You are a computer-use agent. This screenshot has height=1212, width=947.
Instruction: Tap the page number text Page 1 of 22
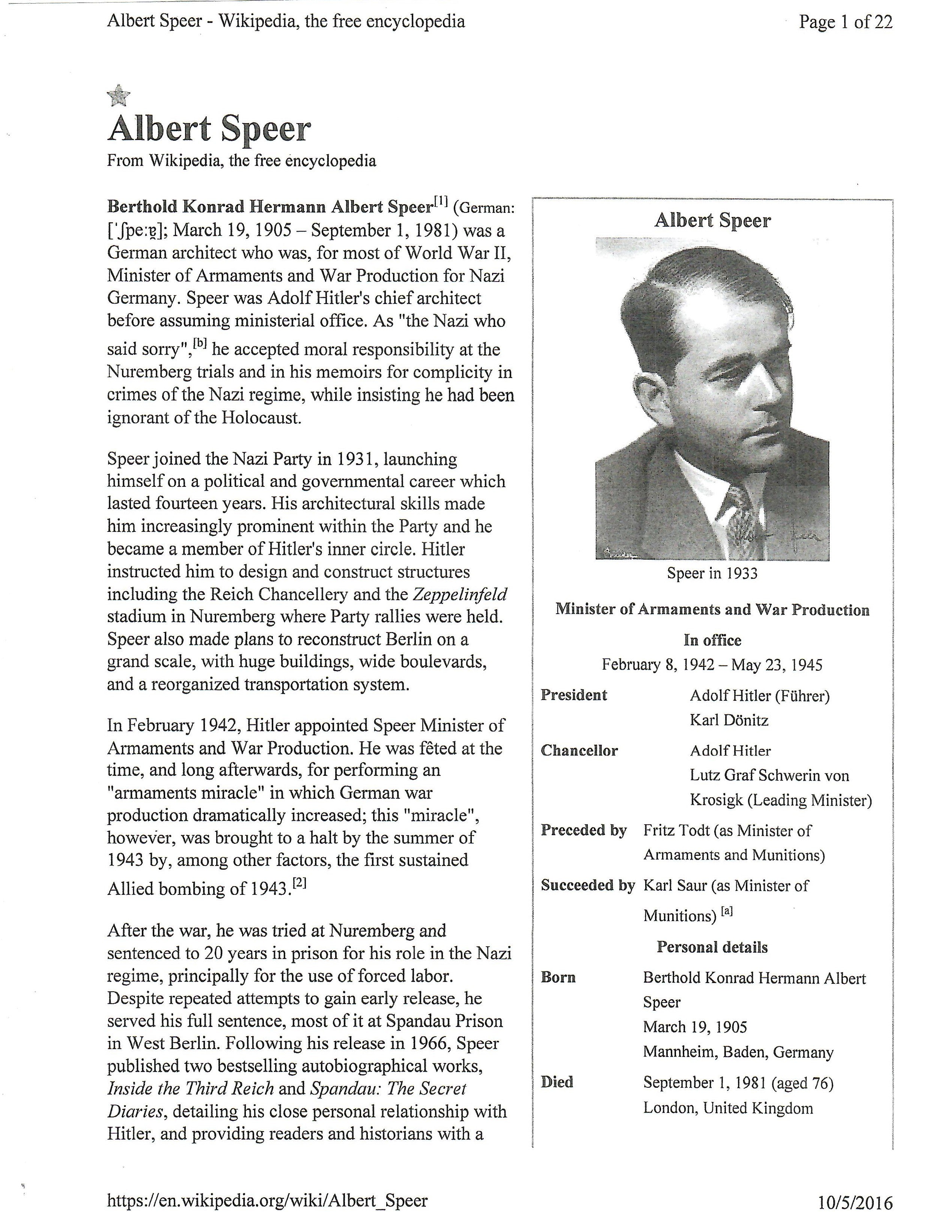pos(845,22)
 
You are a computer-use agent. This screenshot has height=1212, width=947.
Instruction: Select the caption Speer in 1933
pos(712,573)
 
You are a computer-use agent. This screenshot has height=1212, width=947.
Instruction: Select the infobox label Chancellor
pos(579,751)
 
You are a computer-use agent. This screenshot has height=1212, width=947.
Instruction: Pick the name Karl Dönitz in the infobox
pos(729,720)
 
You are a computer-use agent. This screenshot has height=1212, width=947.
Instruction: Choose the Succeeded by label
pos(587,885)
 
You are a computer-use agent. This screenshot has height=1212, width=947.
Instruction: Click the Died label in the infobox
pos(557,1082)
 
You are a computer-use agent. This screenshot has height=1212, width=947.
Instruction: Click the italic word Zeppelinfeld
pos(460,594)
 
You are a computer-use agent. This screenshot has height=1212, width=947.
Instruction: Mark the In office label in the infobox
pos(712,640)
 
